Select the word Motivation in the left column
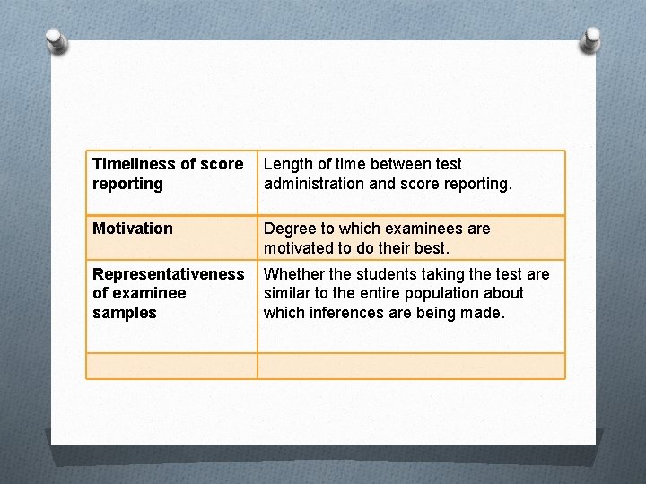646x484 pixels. click(133, 229)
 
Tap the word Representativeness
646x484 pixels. click(168, 273)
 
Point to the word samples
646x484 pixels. click(124, 313)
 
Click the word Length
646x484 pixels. click(286, 164)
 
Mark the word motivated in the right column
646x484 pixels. click(300, 248)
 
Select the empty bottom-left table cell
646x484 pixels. click(171, 366)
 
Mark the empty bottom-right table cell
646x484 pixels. click(411, 366)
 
